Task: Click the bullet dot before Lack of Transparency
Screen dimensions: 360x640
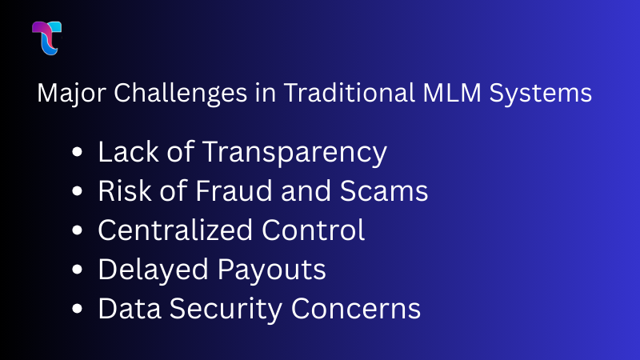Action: tap(77, 153)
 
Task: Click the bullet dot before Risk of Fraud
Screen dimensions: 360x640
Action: tap(77, 192)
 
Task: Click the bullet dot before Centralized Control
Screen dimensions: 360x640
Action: tap(77, 231)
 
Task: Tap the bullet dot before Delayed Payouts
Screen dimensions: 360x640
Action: tap(77, 270)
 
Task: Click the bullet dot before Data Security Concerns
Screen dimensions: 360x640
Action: tap(77, 310)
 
